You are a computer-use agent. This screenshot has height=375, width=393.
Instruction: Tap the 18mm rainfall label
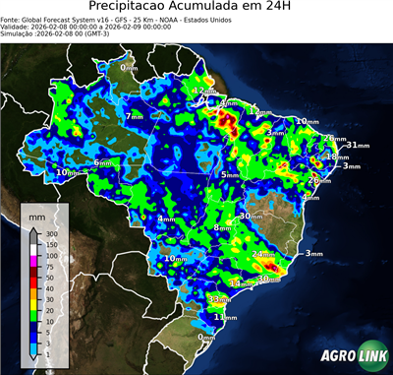pos(337,156)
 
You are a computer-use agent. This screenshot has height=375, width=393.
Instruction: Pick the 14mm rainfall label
pos(238,283)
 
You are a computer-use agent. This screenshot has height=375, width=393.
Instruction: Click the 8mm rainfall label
pos(222,227)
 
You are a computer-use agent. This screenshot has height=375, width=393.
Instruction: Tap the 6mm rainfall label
pos(102,162)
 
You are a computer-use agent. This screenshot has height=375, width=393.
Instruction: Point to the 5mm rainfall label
pos(230,174)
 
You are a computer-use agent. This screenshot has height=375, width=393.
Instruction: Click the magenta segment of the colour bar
pos(34,262)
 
